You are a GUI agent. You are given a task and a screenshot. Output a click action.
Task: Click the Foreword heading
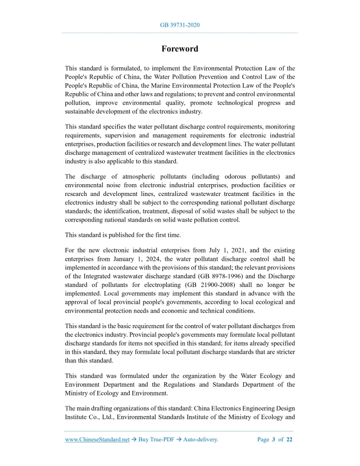[x=179, y=49]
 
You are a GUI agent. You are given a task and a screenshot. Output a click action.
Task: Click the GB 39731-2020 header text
[x=179, y=25]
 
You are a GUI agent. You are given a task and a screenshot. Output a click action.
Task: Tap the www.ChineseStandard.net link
[x=97, y=439]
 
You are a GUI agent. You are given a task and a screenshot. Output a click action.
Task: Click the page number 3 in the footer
[x=273, y=439]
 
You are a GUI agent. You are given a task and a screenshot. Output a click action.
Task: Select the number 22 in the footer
[x=289, y=439]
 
